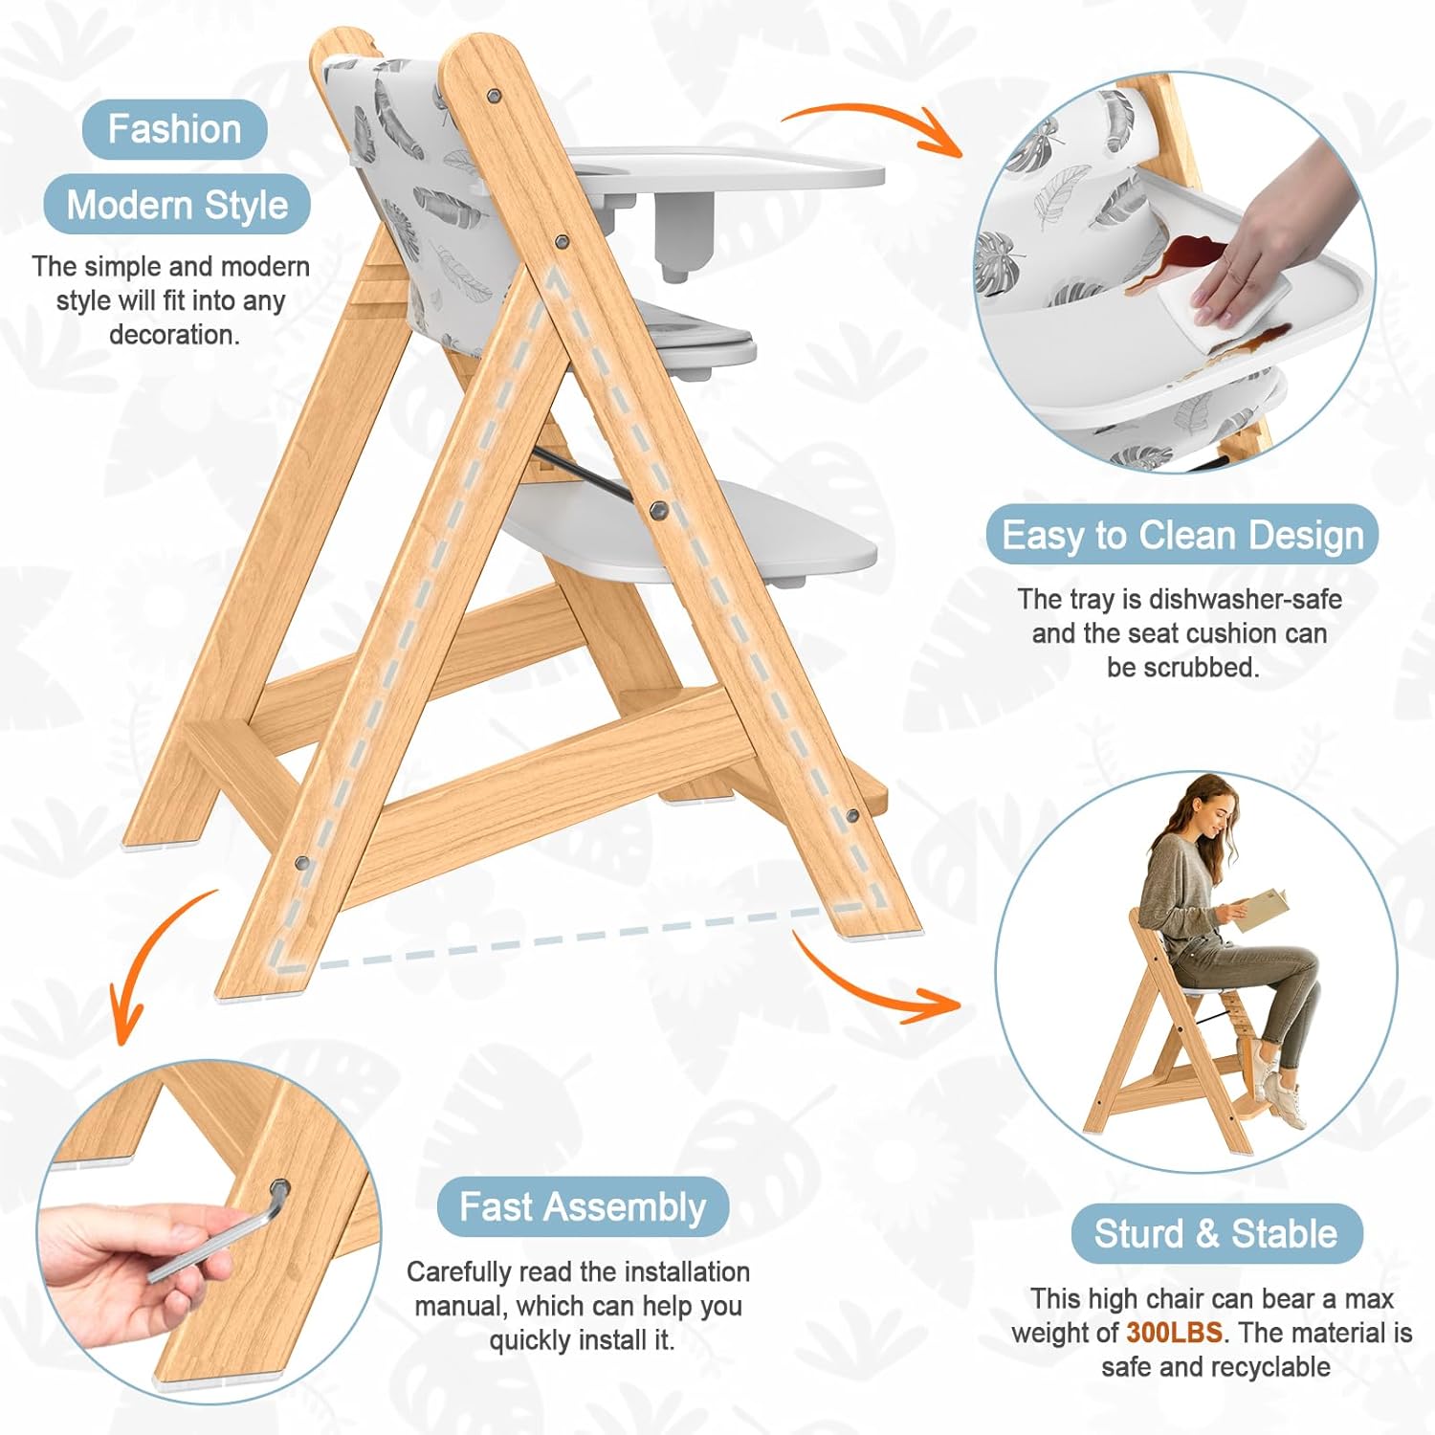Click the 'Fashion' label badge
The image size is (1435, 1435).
[x=174, y=129]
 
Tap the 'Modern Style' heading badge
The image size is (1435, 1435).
[x=177, y=205]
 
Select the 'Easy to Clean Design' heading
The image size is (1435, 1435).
[x=1182, y=535]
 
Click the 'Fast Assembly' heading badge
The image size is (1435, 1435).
[x=583, y=1206]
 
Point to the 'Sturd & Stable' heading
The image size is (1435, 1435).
[x=1216, y=1233]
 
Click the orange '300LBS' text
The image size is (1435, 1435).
[x=1174, y=1333]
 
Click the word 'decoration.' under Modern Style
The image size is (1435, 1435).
[x=173, y=335]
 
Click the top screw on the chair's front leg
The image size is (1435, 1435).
[x=495, y=97]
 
